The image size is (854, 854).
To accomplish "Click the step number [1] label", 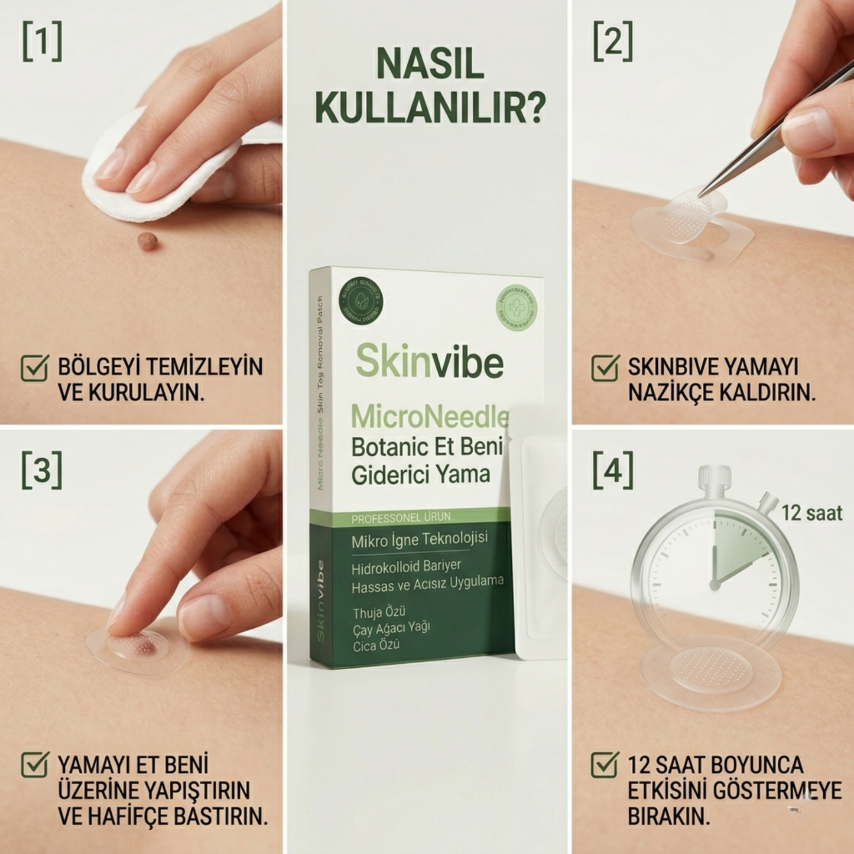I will point(42,41).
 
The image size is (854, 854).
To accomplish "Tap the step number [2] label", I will point(613,41).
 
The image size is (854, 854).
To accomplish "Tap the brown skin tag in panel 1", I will point(147,240).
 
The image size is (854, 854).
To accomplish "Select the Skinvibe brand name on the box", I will point(430,362).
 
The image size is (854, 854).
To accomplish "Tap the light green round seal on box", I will point(516,307).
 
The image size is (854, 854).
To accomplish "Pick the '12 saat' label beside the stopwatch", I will point(811,513).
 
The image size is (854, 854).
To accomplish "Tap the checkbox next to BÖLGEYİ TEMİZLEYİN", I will point(34,368).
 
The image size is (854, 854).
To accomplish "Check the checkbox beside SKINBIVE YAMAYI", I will point(605,368).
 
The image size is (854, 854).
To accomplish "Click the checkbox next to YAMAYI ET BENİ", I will point(34,765).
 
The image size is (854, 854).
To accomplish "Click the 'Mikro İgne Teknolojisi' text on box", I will point(420,540).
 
